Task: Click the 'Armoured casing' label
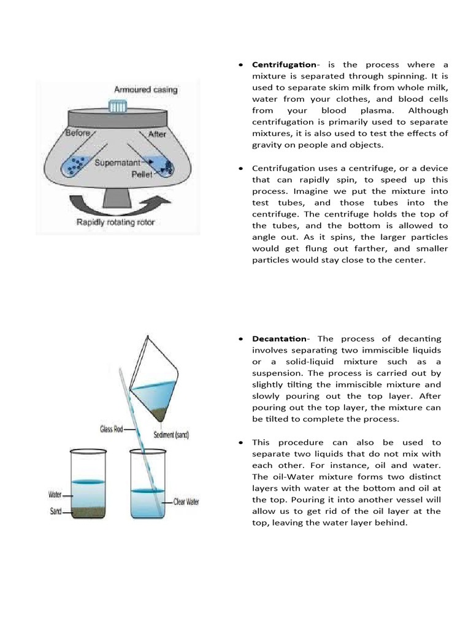(x=145, y=90)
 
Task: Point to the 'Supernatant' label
(x=119, y=164)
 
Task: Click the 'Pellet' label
(x=142, y=174)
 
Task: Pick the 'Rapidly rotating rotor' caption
(x=115, y=221)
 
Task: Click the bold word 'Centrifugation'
(x=284, y=65)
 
